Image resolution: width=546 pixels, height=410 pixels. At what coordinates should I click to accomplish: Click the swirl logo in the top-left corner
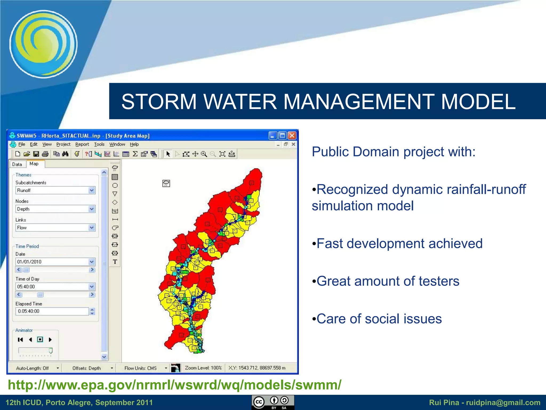point(43,44)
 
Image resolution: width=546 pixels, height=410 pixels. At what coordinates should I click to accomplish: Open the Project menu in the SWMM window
point(63,144)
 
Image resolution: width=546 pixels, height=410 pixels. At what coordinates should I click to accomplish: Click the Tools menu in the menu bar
point(99,144)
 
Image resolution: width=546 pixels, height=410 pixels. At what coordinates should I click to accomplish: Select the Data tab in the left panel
point(17,164)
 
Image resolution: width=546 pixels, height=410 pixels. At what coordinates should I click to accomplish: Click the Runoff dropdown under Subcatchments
point(55,190)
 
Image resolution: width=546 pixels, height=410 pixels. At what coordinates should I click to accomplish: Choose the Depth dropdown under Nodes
point(55,209)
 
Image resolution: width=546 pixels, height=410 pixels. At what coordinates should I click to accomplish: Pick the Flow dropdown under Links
point(55,228)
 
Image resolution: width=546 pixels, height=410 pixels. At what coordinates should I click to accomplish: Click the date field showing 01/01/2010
point(52,262)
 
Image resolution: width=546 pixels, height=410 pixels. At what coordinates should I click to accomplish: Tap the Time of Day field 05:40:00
point(52,287)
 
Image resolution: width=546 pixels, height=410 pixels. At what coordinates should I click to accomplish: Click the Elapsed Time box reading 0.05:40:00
point(52,311)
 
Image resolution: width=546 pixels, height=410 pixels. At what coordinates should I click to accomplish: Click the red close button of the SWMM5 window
point(292,136)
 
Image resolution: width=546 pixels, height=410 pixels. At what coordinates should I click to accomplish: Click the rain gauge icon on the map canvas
point(166,183)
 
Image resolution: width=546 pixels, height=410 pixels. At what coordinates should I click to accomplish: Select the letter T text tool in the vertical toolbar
point(115,262)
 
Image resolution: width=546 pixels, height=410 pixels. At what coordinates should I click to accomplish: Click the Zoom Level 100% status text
point(203,368)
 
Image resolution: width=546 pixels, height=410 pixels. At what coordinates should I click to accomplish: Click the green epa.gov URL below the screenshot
point(175,385)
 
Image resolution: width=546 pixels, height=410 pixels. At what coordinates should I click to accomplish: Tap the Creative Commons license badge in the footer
point(273,402)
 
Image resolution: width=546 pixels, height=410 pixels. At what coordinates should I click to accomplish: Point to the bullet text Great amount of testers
point(388,281)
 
